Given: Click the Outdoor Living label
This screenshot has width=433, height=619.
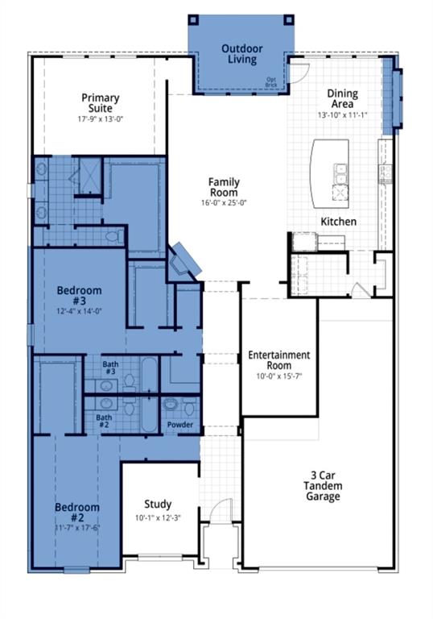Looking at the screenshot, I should click(x=241, y=54).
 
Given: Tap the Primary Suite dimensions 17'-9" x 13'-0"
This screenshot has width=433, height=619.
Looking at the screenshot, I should click(x=101, y=118).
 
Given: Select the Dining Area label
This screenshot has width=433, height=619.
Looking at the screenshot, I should click(x=342, y=99).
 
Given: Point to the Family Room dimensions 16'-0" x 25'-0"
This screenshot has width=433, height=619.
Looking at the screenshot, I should click(x=224, y=203).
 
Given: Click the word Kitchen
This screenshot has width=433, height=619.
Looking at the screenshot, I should click(x=338, y=221).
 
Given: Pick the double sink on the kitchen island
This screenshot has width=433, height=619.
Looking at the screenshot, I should click(x=340, y=172).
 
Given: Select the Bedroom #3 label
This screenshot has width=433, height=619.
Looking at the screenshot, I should click(x=79, y=296).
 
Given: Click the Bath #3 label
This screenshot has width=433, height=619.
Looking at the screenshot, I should click(x=110, y=368).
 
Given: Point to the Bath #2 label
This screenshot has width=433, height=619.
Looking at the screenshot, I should click(x=104, y=422).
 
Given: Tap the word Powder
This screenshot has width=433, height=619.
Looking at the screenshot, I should click(x=179, y=424).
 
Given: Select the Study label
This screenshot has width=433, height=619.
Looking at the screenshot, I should click(x=158, y=505).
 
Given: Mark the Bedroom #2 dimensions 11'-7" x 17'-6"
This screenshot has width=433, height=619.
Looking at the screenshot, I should click(x=77, y=528).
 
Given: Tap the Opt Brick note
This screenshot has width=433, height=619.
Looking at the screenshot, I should click(x=273, y=82).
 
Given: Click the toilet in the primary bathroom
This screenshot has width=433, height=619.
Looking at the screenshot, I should click(x=119, y=236).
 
